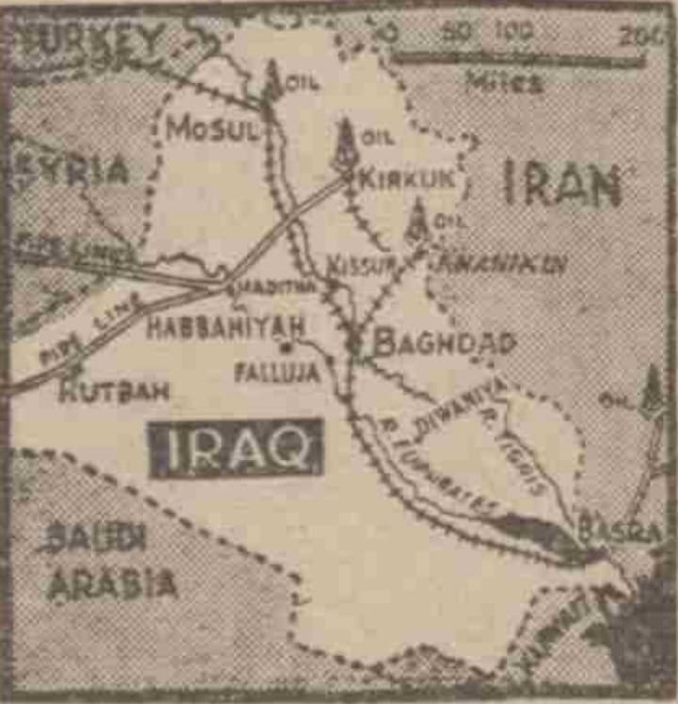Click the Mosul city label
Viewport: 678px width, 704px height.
(x=212, y=129)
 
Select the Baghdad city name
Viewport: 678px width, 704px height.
(x=444, y=342)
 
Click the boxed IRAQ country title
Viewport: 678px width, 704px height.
(x=235, y=448)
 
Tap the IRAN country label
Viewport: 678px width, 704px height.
(x=562, y=184)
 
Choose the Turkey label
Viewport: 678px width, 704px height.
(x=94, y=40)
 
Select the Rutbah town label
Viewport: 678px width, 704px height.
(x=113, y=390)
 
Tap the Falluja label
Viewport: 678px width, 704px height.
(x=277, y=372)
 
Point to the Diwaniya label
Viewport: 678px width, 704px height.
(x=460, y=408)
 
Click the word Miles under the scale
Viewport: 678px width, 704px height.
(x=504, y=83)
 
